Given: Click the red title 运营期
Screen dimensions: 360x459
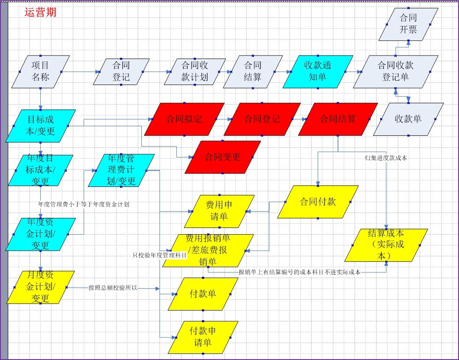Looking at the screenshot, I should (x=40, y=12).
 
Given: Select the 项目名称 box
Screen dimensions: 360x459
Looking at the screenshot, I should (x=40, y=72).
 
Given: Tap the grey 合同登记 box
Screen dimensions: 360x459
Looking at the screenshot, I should (x=121, y=72).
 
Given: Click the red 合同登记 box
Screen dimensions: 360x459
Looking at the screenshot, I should (x=262, y=119).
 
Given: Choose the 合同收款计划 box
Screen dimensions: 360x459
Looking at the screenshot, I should (x=195, y=72).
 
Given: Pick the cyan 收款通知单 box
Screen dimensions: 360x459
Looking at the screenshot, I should (x=318, y=72).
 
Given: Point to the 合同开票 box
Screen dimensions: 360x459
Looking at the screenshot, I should (x=408, y=24).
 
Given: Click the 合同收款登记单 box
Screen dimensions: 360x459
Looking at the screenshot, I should (x=395, y=72).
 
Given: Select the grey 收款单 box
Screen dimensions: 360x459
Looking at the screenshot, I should (x=408, y=119).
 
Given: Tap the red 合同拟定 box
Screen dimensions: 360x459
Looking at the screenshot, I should (x=184, y=119).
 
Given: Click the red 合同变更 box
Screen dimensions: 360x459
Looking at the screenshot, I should (x=222, y=157).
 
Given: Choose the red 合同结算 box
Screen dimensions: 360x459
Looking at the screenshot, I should (x=338, y=119).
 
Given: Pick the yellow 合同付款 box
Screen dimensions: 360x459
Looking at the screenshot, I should (x=318, y=202).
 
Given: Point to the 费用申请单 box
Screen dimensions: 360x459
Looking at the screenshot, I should (x=219, y=211).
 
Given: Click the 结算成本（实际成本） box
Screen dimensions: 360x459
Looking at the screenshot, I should (x=386, y=245).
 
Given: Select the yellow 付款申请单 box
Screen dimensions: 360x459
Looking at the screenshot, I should (x=203, y=337).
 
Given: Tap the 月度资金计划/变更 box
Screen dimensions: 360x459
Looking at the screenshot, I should (x=40, y=287).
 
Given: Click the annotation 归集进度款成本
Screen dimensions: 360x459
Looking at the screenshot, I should (x=386, y=158).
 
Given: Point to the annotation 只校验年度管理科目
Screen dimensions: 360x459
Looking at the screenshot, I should (x=160, y=255).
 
